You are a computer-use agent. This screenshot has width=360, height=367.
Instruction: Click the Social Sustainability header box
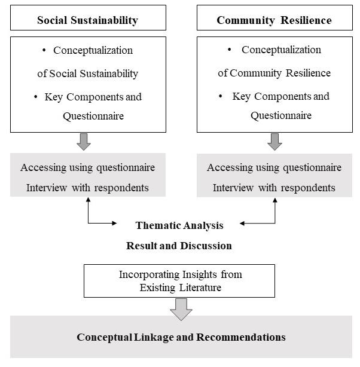coord(87,20)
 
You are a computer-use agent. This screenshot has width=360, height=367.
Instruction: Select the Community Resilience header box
coord(274,20)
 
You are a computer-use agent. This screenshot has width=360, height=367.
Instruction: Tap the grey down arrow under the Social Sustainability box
coord(84,142)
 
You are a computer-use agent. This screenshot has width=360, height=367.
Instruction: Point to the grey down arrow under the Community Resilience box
coord(274,142)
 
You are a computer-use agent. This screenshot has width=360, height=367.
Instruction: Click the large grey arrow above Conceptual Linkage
coord(181,308)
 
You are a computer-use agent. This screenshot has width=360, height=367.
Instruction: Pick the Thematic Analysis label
coord(179,225)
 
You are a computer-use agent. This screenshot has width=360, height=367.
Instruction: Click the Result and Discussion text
coord(179,246)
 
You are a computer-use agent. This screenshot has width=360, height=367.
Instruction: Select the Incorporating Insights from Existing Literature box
coord(179,281)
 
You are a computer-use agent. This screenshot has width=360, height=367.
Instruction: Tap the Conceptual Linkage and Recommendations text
coord(181,337)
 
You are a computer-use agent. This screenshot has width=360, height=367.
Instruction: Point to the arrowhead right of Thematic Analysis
coord(243,224)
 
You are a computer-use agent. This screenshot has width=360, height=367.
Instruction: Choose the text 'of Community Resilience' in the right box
coord(274,73)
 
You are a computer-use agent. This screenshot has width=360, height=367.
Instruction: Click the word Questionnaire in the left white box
coord(93,116)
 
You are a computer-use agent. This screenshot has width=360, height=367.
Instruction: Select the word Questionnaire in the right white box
coord(281,115)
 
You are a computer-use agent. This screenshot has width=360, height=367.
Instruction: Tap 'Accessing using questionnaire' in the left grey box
coord(87,167)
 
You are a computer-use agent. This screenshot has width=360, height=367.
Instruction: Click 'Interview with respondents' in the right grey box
coord(274,188)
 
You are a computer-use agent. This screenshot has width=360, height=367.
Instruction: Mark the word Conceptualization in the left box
coord(93,50)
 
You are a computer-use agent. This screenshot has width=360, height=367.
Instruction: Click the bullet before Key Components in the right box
coord(221,96)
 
